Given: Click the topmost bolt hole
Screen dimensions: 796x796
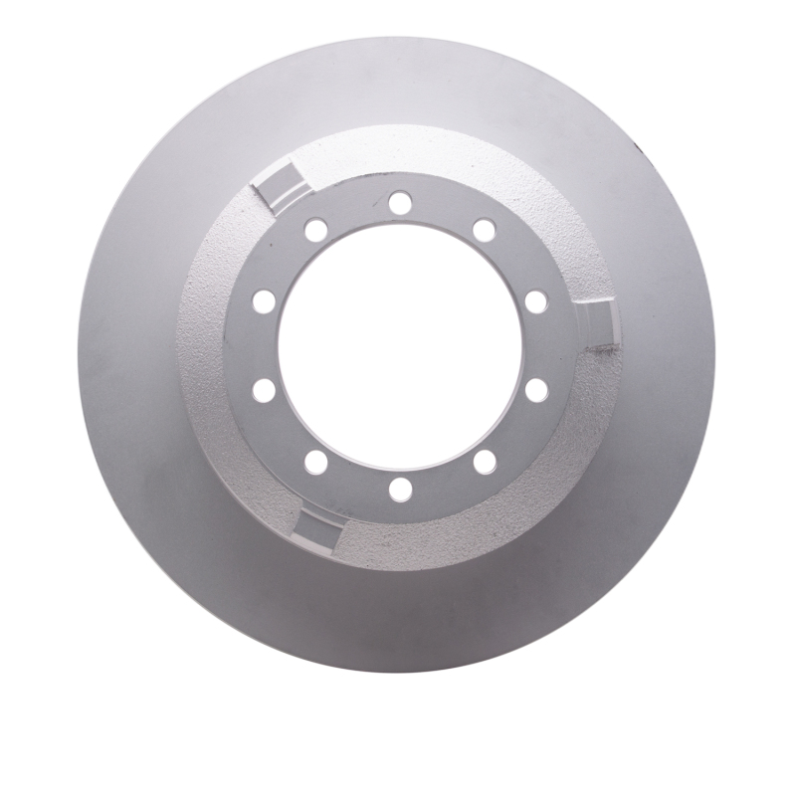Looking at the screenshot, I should (x=400, y=204).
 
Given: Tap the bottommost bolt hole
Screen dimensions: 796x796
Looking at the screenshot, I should (x=400, y=489).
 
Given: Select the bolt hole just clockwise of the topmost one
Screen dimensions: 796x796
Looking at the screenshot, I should (x=485, y=231).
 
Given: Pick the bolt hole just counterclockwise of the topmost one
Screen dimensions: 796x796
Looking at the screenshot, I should (x=316, y=231).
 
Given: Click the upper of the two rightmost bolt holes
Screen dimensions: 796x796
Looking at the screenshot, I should (x=536, y=301).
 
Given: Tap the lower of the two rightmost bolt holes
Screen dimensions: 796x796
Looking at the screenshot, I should (x=536, y=390).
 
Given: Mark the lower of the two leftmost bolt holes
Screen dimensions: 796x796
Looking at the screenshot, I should (x=264, y=390).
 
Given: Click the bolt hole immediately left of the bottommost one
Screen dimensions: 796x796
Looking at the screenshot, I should (x=316, y=461).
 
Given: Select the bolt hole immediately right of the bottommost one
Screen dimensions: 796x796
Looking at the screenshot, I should (x=485, y=461).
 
